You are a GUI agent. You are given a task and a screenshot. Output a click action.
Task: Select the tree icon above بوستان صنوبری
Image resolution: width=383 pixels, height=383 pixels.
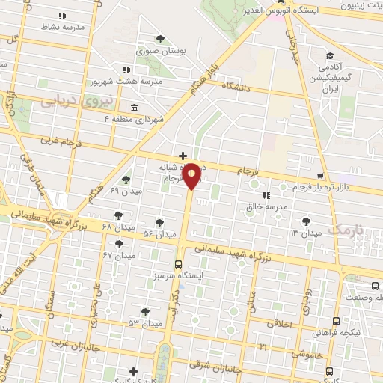click(x=159, y=40)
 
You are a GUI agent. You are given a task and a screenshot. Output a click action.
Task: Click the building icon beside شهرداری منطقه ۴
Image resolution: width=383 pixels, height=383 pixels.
click(x=134, y=107)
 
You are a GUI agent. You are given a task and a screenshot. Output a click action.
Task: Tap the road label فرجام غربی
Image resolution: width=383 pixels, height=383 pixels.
click(x=58, y=140)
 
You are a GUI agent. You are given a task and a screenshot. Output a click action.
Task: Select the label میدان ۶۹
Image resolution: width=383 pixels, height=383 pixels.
click(x=125, y=191)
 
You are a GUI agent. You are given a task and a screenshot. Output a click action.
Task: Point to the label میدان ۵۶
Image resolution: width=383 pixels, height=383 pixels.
click(x=159, y=234)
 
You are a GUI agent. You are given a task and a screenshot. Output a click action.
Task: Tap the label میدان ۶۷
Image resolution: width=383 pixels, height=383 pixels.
click(x=118, y=255)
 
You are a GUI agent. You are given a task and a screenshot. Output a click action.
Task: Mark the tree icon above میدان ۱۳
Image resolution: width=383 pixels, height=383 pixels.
click(x=306, y=221)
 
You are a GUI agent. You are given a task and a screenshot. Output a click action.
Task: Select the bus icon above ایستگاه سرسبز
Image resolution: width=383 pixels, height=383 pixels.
click(x=177, y=263)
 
